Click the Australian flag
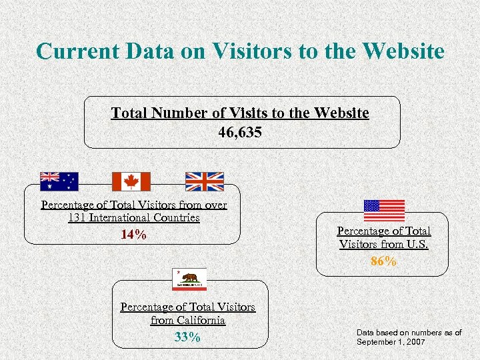[59, 181]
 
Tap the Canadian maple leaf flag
[131, 181]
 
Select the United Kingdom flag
[204, 181]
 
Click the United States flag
[384, 210]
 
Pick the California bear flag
[189, 279]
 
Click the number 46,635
[240, 132]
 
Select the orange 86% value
[384, 261]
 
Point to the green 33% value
[187, 337]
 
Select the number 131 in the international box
[78, 217]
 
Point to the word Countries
[176, 217]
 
